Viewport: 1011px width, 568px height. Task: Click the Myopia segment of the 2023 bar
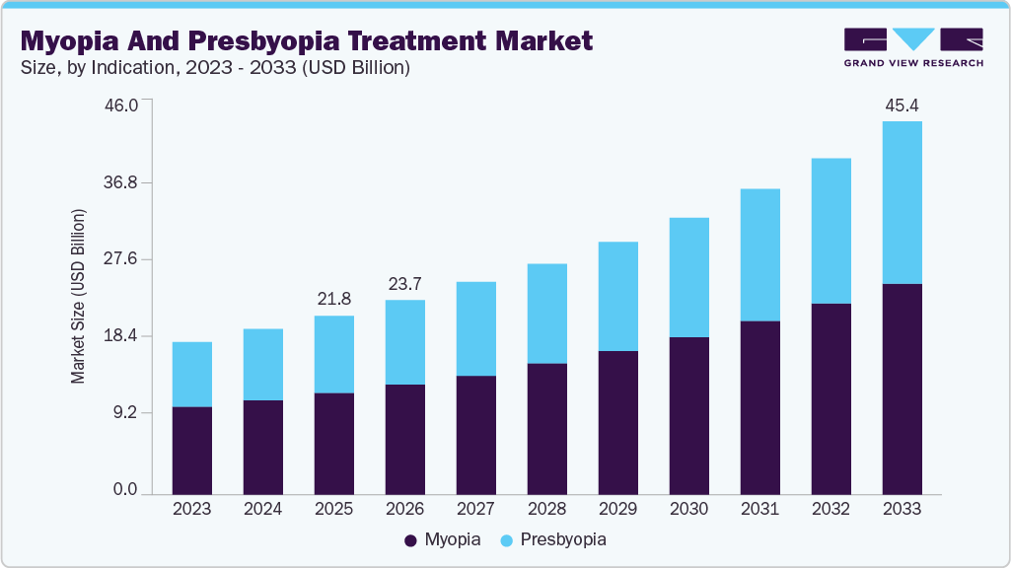coord(192,450)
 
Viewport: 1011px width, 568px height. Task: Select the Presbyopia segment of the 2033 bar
coord(902,202)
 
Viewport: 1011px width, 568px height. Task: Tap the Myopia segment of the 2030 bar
coord(688,415)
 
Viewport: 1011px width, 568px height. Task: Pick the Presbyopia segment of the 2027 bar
coord(475,328)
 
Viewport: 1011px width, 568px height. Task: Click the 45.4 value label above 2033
coord(902,105)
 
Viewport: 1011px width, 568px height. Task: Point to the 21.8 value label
coord(333,298)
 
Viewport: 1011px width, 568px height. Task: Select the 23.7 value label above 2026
coord(404,283)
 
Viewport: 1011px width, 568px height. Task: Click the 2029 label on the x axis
coord(617,509)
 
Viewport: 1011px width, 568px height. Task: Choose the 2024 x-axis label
coord(262,509)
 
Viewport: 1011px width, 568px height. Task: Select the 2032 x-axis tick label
coord(830,509)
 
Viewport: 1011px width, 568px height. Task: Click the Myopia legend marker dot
coord(409,540)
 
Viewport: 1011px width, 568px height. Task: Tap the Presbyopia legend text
coord(562,540)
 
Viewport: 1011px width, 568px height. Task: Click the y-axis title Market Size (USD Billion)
coord(78,297)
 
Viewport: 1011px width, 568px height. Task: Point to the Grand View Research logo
coord(912,46)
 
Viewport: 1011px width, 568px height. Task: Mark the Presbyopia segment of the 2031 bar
coord(759,254)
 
